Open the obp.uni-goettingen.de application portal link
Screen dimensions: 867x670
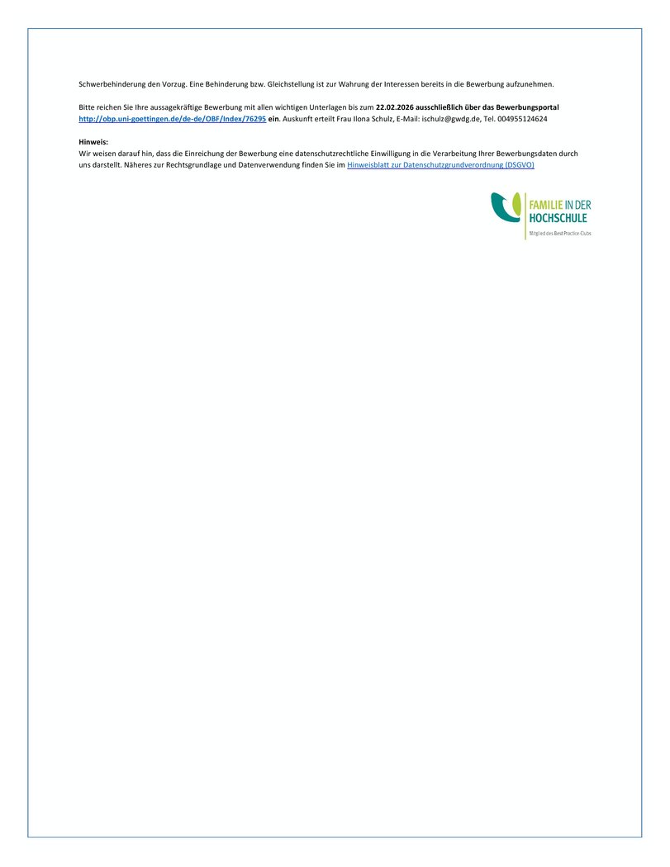click(x=172, y=119)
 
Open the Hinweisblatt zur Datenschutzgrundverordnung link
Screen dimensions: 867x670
click(x=440, y=165)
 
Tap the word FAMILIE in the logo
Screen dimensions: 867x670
click(x=545, y=205)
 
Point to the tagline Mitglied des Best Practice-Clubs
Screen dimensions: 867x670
click(x=560, y=234)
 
